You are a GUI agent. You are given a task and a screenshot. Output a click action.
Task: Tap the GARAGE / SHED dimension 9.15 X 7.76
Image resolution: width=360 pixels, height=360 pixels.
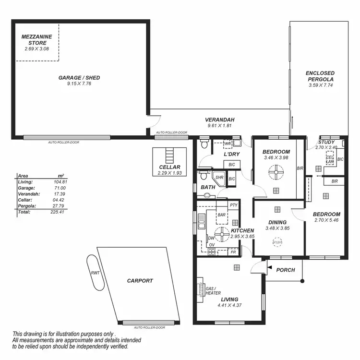(x=79, y=84)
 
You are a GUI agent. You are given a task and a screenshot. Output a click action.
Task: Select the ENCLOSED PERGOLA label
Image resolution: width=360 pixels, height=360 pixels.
(x=320, y=76)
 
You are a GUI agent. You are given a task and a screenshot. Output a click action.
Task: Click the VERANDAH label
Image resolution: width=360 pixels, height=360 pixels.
(x=219, y=120)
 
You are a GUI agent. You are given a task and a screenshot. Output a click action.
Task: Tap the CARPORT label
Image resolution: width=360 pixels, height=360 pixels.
(x=140, y=281)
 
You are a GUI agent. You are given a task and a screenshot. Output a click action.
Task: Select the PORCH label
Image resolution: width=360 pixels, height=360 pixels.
(x=286, y=270)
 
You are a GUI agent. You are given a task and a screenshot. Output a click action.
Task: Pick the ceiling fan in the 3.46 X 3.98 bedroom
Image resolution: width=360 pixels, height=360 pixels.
(x=276, y=172)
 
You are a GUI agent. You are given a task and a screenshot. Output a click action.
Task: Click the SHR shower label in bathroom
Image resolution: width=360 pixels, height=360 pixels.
(x=219, y=177)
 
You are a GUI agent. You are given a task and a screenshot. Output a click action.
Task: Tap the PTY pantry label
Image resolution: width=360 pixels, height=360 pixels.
(x=234, y=205)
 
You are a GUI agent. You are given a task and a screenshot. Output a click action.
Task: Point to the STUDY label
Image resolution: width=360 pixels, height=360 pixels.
(x=326, y=142)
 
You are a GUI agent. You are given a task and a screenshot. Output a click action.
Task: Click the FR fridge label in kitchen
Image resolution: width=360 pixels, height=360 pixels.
(x=233, y=252)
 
